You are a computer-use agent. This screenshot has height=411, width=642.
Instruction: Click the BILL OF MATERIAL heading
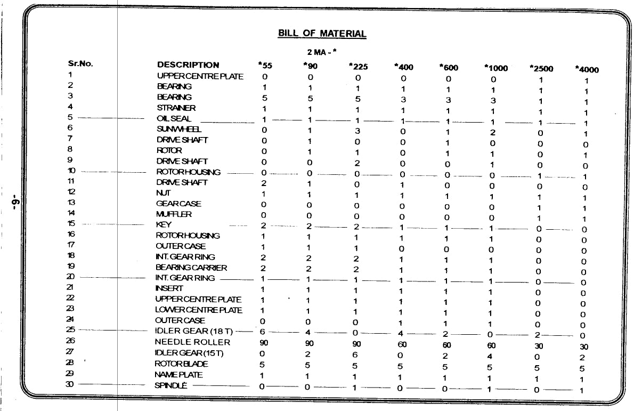pos(322,34)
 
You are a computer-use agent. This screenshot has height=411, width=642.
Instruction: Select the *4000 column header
pos(587,69)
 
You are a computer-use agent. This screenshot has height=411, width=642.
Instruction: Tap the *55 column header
pos(265,66)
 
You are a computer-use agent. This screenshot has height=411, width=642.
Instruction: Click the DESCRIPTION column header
pos(188,65)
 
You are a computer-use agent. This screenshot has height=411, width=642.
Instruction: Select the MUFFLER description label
pos(174,214)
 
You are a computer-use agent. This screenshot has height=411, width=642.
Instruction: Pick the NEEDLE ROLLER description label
pos(192,342)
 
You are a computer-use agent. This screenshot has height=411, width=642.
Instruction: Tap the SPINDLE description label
pos(170,385)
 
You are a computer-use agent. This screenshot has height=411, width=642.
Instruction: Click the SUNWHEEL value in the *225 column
pos(357,131)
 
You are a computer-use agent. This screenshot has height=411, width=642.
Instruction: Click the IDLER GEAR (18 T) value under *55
pos(262,332)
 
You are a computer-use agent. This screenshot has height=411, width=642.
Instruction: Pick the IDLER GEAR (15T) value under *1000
pos(492,356)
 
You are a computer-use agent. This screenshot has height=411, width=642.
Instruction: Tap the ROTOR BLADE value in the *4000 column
pos(582,368)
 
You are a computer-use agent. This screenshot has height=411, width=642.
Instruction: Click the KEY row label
pos(164,225)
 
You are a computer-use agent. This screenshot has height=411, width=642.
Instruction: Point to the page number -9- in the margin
pos(17,204)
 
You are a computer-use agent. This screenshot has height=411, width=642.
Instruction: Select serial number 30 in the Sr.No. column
pos(70,384)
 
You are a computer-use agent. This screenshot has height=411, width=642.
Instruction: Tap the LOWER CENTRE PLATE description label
pos(198,310)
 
